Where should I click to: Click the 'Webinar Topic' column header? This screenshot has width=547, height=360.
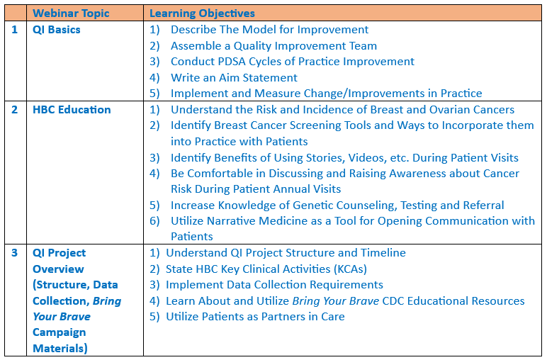tap(71, 13)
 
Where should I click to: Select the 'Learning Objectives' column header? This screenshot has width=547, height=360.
tap(202, 13)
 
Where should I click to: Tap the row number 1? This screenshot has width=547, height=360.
tap(14, 30)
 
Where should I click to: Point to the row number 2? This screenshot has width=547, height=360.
tap(14, 110)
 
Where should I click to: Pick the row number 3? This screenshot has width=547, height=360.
tap(14, 252)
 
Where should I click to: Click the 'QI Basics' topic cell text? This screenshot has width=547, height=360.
tap(57, 30)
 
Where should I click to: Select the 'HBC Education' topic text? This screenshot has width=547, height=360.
tap(72, 110)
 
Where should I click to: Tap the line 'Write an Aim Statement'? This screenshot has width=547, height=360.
tap(234, 77)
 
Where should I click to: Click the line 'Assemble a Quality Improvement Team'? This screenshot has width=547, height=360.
tap(273, 45)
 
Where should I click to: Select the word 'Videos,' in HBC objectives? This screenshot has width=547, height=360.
tap(367, 157)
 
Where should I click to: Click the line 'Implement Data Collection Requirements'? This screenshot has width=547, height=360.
tap(274, 285)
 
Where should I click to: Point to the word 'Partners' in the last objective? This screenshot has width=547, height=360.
tap(283, 316)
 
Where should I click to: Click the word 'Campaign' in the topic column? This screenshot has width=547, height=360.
tap(59, 333)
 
